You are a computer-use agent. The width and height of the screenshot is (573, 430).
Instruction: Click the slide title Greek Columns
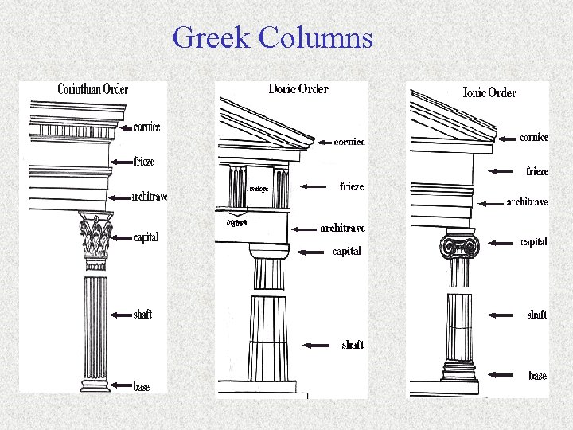[x=272, y=37]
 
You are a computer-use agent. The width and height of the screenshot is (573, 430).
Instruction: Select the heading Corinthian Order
[x=92, y=89]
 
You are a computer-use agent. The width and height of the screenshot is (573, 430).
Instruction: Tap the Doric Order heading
[x=298, y=88]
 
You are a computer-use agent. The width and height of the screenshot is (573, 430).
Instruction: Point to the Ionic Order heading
[x=489, y=92]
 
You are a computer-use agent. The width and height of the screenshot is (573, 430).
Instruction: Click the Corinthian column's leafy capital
[x=96, y=236]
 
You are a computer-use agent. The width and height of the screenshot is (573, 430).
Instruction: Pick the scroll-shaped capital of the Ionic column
[x=460, y=246]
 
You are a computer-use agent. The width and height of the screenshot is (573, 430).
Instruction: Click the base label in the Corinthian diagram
[x=142, y=387]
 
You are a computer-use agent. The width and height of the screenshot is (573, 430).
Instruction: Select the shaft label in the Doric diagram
[x=353, y=345]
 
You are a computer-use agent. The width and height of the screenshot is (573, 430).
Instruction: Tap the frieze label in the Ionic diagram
[x=537, y=171]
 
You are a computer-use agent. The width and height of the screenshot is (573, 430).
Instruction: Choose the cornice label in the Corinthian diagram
[x=146, y=127]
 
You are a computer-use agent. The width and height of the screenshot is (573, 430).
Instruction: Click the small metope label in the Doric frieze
[x=259, y=189]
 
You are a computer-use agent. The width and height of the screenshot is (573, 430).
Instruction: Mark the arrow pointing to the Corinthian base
[x=122, y=386]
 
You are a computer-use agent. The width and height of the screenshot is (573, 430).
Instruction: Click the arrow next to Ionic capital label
[x=501, y=242]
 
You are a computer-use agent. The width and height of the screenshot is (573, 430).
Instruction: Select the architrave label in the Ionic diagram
[x=527, y=202]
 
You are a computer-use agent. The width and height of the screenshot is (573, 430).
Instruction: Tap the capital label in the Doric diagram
[x=347, y=252]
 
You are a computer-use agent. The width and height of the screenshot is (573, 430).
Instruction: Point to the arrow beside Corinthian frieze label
[x=121, y=162]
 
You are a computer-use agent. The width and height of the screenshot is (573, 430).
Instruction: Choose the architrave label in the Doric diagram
[x=342, y=228]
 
